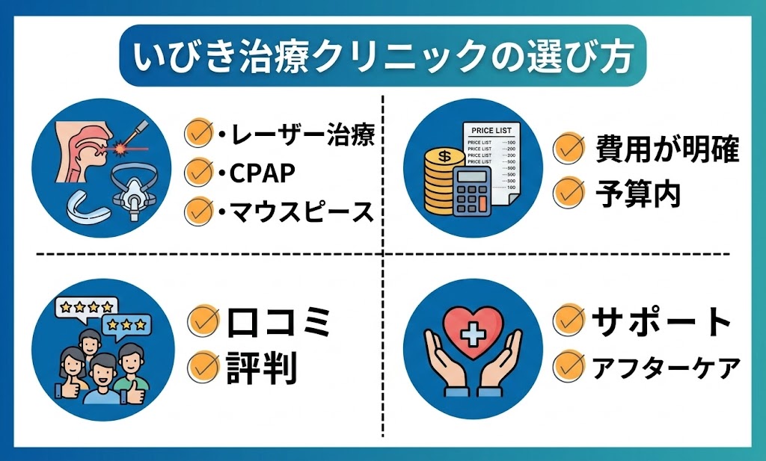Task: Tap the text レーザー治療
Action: coord(300,136)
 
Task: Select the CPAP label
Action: coord(259,173)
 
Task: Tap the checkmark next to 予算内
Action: coord(569,194)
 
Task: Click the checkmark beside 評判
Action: coord(202,367)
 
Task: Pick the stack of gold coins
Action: coord(441,180)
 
